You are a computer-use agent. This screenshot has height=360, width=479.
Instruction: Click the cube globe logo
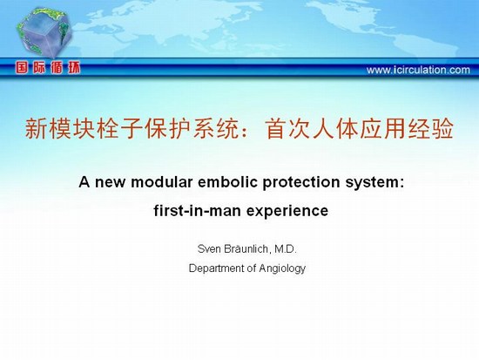click(x=44, y=32)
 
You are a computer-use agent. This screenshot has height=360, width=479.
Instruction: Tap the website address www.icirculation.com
click(x=418, y=70)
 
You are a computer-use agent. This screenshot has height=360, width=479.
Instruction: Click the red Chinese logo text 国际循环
click(x=48, y=68)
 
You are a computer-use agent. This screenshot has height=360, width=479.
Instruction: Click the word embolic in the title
click(x=228, y=182)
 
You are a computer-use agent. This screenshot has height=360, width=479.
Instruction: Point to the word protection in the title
click(x=301, y=182)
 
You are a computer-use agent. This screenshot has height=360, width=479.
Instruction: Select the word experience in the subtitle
click(x=287, y=211)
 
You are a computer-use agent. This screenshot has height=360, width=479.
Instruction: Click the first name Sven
click(x=209, y=249)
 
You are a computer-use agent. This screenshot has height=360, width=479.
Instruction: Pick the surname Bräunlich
click(x=247, y=249)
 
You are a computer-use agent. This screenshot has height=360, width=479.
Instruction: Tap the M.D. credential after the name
click(x=286, y=249)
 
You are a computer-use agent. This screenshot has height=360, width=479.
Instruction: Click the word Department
click(x=217, y=268)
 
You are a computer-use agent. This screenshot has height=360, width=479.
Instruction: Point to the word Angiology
click(x=282, y=268)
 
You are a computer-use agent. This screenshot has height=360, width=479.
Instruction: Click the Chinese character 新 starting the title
click(x=36, y=128)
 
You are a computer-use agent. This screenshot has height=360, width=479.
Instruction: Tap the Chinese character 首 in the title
click(x=277, y=128)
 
